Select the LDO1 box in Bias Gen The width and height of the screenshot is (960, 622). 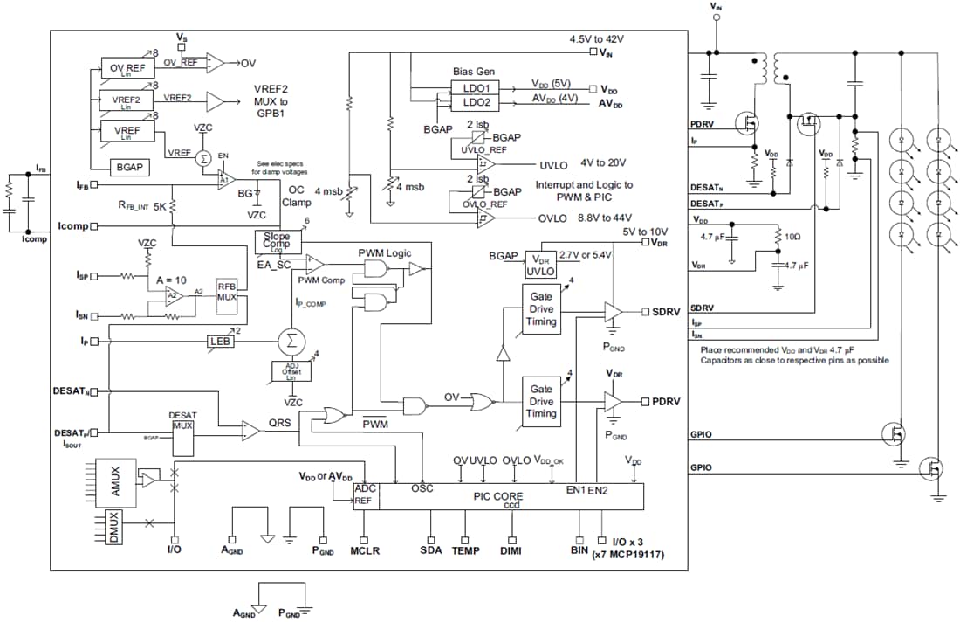(x=475, y=88)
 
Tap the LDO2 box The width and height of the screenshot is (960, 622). (x=475, y=103)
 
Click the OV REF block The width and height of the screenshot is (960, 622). (x=125, y=67)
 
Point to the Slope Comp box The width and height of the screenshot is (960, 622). (x=276, y=240)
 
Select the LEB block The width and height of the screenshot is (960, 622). (x=219, y=341)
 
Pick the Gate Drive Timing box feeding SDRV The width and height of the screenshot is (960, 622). (x=541, y=310)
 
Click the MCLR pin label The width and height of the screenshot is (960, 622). (x=365, y=552)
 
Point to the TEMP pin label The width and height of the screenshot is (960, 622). (x=465, y=552)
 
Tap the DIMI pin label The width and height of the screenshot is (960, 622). (x=511, y=552)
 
